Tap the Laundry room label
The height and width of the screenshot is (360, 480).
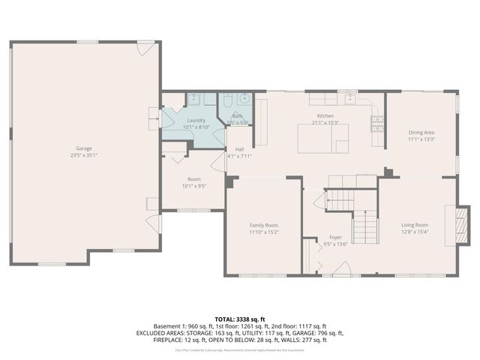(x=196, y=120)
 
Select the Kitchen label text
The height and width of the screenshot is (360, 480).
(x=325, y=116)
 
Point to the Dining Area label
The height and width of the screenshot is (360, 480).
(x=421, y=132)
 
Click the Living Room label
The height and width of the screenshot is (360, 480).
(x=414, y=225)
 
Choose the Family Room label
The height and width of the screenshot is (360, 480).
(x=264, y=225)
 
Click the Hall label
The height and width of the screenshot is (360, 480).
(x=239, y=150)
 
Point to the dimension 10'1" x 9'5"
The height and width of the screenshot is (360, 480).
(x=194, y=186)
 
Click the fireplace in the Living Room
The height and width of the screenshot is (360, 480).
(x=463, y=225)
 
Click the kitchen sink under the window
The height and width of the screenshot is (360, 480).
(x=350, y=98)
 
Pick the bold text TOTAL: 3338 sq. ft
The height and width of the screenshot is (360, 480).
(x=239, y=319)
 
